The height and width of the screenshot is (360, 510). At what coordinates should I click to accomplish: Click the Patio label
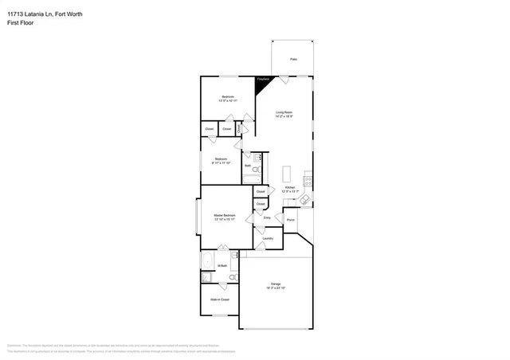point(293,60)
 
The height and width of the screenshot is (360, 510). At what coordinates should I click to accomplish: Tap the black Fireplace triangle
point(261,82)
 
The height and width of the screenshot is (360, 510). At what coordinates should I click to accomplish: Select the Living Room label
point(284,112)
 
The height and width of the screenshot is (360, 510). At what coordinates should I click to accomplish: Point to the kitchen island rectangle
point(287,174)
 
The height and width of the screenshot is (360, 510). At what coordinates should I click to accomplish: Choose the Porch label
point(291,220)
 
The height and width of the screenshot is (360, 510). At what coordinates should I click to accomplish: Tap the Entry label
point(267,217)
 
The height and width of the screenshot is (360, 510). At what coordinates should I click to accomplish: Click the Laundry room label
point(268,238)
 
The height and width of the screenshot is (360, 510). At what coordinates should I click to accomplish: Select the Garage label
point(276,284)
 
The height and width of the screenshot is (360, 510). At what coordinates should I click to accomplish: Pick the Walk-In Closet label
point(220,299)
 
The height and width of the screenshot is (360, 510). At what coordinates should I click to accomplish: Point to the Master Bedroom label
point(224,216)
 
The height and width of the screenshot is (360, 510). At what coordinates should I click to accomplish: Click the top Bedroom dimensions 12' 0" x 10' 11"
point(228,101)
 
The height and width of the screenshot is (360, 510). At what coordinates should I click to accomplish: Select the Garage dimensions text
point(276,288)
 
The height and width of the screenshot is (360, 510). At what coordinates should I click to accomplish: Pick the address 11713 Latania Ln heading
point(44,14)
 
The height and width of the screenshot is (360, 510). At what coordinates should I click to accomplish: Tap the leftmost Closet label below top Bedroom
point(209,128)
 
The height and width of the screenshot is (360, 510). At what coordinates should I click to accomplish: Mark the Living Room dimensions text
point(284,117)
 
